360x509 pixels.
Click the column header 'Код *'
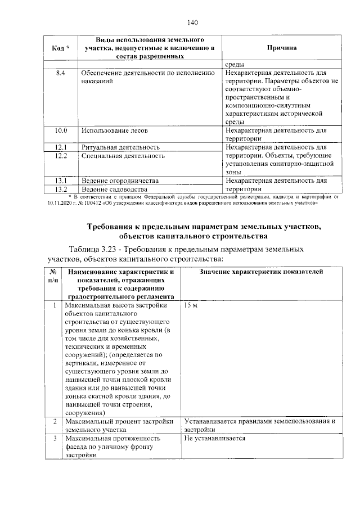click(61, 49)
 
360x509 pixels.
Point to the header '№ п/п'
click(53, 276)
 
